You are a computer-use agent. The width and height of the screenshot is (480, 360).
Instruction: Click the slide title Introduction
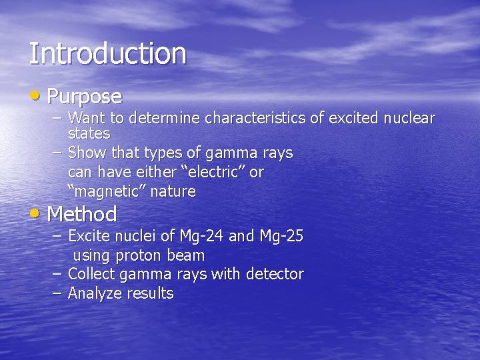click(107, 53)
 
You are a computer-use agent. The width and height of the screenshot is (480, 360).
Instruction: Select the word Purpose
click(85, 97)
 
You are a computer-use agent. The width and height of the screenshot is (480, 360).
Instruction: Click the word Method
click(82, 215)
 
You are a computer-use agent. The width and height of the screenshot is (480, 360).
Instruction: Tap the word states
click(89, 133)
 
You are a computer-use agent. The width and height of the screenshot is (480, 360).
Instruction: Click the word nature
click(173, 192)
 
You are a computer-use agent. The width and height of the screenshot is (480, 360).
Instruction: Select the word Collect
click(90, 274)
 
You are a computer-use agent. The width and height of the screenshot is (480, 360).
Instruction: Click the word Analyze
click(93, 293)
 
